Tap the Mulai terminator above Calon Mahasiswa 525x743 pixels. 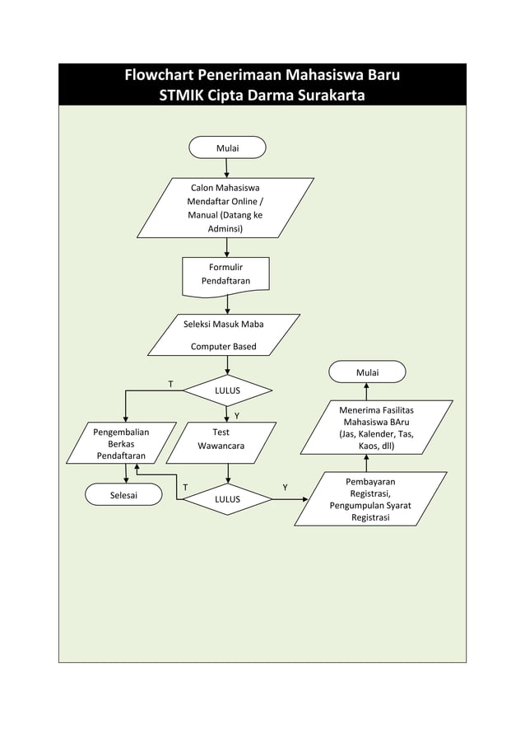point(227,147)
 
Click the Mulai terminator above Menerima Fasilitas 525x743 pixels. point(367,372)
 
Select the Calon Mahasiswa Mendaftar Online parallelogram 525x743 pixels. point(225,208)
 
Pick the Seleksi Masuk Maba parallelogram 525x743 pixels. point(224,334)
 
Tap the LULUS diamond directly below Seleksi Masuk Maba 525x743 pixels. point(227,389)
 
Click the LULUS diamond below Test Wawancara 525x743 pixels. point(227,499)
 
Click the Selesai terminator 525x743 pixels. point(123,495)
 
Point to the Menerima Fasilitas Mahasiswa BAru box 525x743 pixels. point(376,428)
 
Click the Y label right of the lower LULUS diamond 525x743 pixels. point(285,488)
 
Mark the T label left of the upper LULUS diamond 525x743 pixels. point(170,385)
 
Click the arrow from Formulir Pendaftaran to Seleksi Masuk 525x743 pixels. point(227,304)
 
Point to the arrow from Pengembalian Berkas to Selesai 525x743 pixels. point(126,473)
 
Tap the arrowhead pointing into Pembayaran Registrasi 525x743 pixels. point(306,499)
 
